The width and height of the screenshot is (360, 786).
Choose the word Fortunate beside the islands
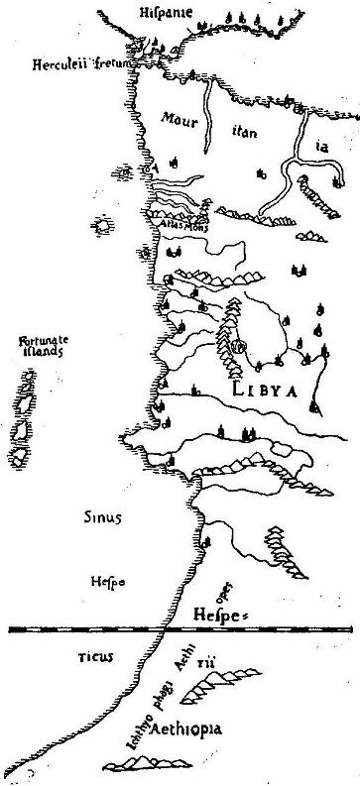click(40, 344)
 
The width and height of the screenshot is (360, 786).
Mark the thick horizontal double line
click(180, 628)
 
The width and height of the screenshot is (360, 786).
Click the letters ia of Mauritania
click(320, 146)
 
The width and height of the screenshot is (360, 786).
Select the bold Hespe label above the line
click(216, 615)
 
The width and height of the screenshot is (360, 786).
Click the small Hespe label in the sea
click(106, 582)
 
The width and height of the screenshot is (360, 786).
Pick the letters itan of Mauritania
click(244, 129)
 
